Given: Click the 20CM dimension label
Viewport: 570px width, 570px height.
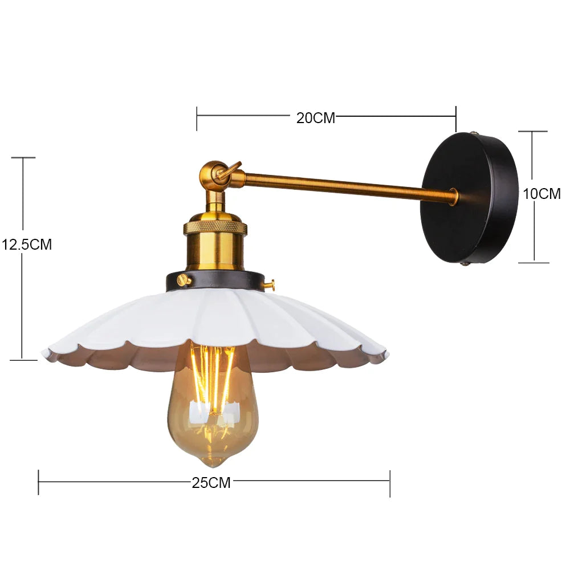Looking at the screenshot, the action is coord(316,118).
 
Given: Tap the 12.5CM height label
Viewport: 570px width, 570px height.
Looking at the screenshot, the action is coord(27,245).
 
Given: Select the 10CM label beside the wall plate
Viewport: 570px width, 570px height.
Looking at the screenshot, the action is coord(541,194).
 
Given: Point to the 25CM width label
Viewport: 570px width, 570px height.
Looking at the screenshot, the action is coord(211,483).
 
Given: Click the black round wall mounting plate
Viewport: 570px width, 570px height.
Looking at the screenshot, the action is coord(469,198).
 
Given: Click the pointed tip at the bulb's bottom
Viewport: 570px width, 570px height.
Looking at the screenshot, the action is coord(213,466).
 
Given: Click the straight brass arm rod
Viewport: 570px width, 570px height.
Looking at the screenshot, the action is coord(349,186).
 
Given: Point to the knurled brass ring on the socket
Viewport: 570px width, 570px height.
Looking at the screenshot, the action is coord(215,227).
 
